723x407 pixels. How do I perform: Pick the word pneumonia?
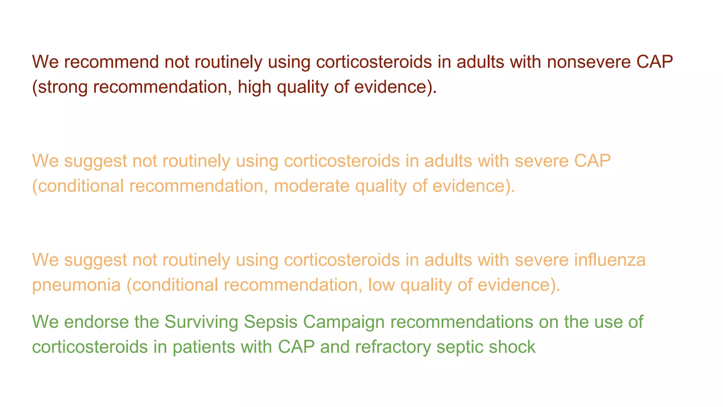coord(76,285)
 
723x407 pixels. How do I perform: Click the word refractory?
coord(393,347)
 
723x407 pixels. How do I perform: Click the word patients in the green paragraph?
coord(204,347)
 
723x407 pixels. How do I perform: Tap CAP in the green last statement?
coord(296,347)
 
